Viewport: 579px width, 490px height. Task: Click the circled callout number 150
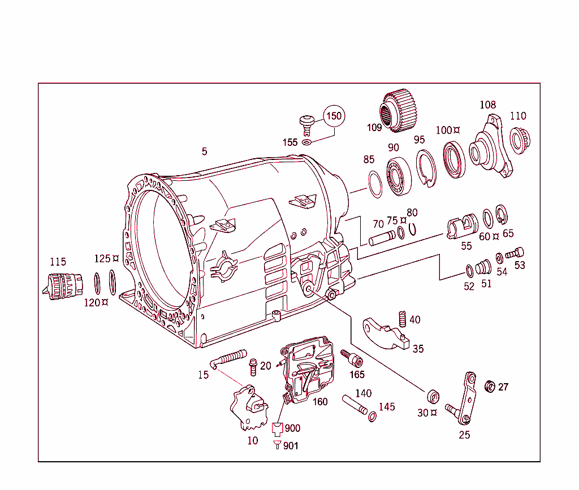(334, 116)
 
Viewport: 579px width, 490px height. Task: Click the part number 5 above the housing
(204, 151)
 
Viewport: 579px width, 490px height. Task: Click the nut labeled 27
(491, 387)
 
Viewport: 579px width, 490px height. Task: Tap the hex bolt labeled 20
(253, 367)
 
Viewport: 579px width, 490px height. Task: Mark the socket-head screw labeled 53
(515, 254)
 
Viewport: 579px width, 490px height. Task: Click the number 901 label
(291, 446)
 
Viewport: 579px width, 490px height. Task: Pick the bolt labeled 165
(352, 358)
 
